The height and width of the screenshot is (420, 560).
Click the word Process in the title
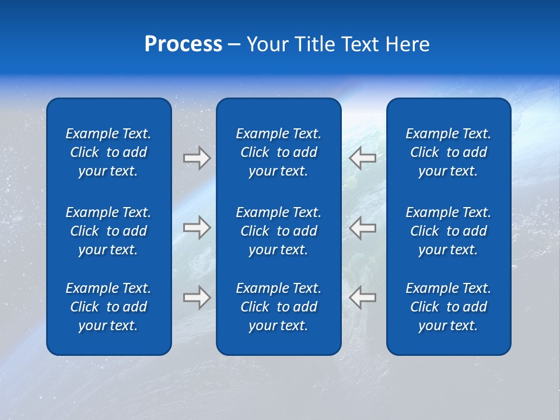point(183,44)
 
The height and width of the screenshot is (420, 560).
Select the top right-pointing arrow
point(197,158)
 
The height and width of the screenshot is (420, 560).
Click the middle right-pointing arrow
point(197,228)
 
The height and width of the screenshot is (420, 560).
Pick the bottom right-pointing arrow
point(197,297)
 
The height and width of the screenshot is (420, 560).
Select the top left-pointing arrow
point(363,158)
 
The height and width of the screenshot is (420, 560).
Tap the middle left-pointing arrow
point(363,228)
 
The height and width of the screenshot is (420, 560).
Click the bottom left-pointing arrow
point(363,297)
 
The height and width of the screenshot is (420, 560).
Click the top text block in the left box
point(108,152)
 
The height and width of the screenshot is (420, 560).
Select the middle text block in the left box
point(108,231)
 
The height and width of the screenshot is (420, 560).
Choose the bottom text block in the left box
point(108,307)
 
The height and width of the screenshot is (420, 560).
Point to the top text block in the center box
point(278,152)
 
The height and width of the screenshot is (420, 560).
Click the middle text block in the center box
point(278,231)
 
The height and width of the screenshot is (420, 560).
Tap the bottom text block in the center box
point(278,307)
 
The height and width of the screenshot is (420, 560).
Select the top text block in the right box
point(448,152)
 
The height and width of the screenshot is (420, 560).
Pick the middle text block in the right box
point(448,231)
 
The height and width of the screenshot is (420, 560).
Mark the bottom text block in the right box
point(448,307)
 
